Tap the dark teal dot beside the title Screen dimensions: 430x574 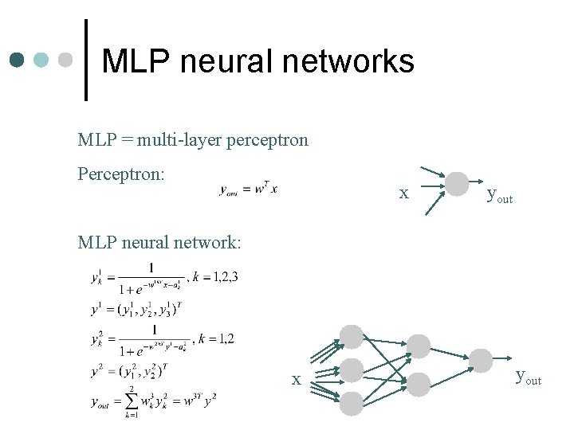[x=18, y=60]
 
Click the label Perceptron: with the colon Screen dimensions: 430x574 [x=121, y=172]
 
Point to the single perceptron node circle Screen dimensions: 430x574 [x=457, y=184]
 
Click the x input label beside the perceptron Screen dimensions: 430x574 [x=404, y=193]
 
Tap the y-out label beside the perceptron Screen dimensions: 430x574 [x=499, y=194]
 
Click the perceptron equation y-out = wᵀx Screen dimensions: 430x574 [x=249, y=189]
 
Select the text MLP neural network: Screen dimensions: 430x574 [x=159, y=240]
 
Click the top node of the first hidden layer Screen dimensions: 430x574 [x=352, y=336]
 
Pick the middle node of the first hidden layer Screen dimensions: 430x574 [x=352, y=369]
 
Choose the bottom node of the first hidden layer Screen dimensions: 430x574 [x=352, y=403]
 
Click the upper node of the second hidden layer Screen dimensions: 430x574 [x=419, y=346]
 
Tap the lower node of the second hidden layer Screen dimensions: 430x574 [x=419, y=382]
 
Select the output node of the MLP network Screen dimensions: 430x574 [x=481, y=360]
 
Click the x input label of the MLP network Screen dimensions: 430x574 [x=296, y=380]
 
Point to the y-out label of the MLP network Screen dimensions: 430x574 [x=529, y=376]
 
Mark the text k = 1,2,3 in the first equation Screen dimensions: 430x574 [x=215, y=277]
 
